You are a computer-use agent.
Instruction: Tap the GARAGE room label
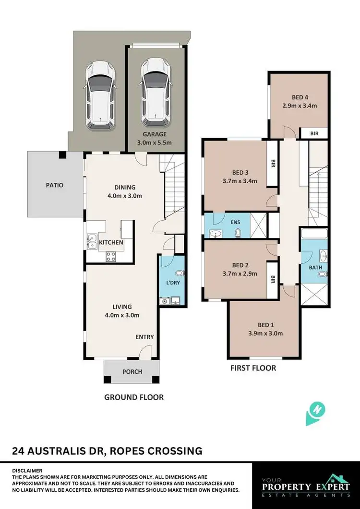154,135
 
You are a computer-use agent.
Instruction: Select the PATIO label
55,185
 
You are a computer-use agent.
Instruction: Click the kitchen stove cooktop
111,256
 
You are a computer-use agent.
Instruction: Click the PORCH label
132,372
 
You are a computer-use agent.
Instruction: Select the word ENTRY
144,337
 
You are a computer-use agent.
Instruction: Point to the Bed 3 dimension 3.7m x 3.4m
240,181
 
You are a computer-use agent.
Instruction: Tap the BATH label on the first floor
315,267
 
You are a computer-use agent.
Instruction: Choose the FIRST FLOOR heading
253,368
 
